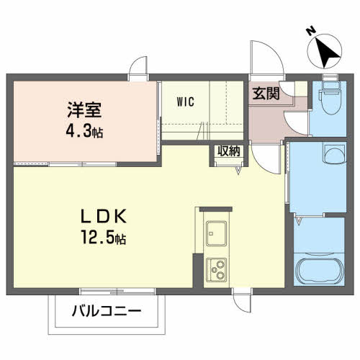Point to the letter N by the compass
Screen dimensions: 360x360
pos(311,31)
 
